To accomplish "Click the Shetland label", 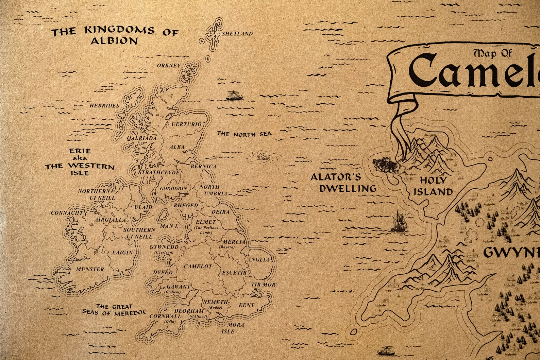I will tap(237, 34).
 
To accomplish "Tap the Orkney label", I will tap(169, 65).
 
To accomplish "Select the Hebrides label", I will tap(104, 106).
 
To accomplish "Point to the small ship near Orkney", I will tap(234, 96).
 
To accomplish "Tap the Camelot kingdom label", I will tap(198, 267).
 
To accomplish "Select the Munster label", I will tap(90, 269).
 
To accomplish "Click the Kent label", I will tap(246, 305).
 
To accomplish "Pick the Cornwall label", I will tap(165, 316).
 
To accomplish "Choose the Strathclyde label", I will tap(158, 173).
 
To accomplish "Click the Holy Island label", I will tap(433, 186).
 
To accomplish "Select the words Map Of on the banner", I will tap(493, 53).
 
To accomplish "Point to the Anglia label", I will tap(258, 260).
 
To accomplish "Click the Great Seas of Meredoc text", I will tap(114, 310).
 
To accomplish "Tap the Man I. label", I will tap(169, 226).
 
